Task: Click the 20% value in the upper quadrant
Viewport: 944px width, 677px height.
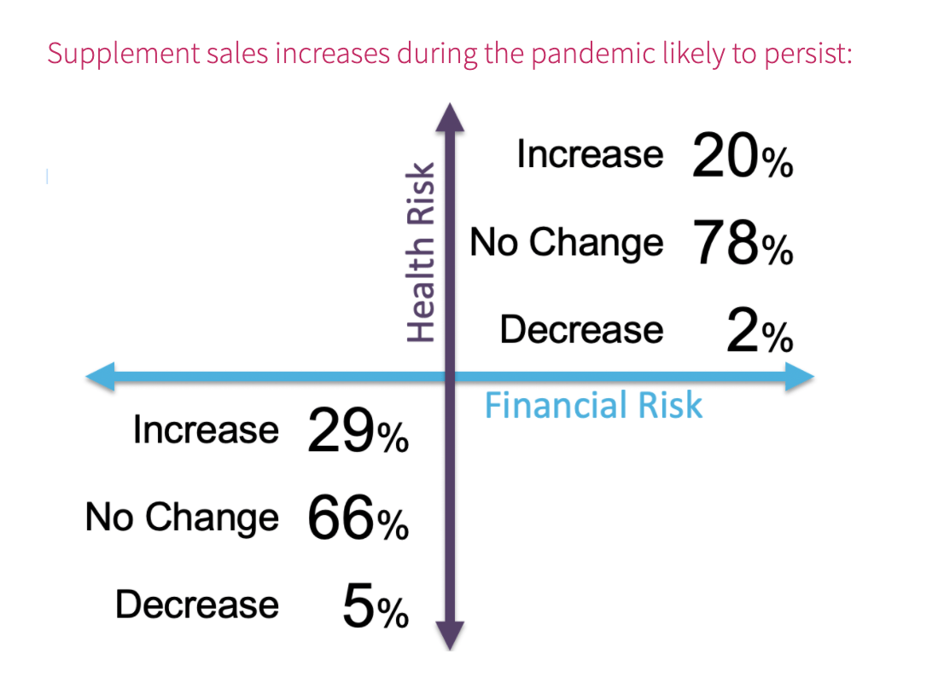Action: pyautogui.click(x=743, y=156)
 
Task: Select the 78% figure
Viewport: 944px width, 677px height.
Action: pyautogui.click(x=743, y=242)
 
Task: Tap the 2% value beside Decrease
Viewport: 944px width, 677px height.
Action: pyautogui.click(x=760, y=330)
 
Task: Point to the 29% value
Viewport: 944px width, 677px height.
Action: pyautogui.click(x=358, y=431)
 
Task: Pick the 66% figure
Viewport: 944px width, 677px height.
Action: pyautogui.click(x=358, y=518)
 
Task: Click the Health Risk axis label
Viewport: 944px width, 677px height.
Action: pyautogui.click(x=420, y=252)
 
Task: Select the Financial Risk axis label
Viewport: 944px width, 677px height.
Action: pyautogui.click(x=593, y=405)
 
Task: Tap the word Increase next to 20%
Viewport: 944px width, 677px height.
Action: pyautogui.click(x=590, y=154)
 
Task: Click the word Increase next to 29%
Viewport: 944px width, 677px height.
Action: pyautogui.click(x=206, y=430)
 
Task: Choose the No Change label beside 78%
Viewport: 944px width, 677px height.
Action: pyautogui.click(x=567, y=242)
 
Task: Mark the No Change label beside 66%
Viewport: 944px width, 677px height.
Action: pyautogui.click(x=183, y=517)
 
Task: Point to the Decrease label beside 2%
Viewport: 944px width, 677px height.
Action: pyautogui.click(x=581, y=330)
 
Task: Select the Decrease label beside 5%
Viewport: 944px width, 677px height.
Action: pyautogui.click(x=197, y=605)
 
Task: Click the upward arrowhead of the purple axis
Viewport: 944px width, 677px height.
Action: pyautogui.click(x=450, y=118)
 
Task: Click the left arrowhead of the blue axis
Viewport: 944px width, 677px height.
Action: pyautogui.click(x=100, y=377)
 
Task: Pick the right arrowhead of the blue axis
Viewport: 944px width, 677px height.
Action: pyautogui.click(x=800, y=377)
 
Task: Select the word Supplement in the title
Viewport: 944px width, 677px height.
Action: pyautogui.click(x=124, y=54)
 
